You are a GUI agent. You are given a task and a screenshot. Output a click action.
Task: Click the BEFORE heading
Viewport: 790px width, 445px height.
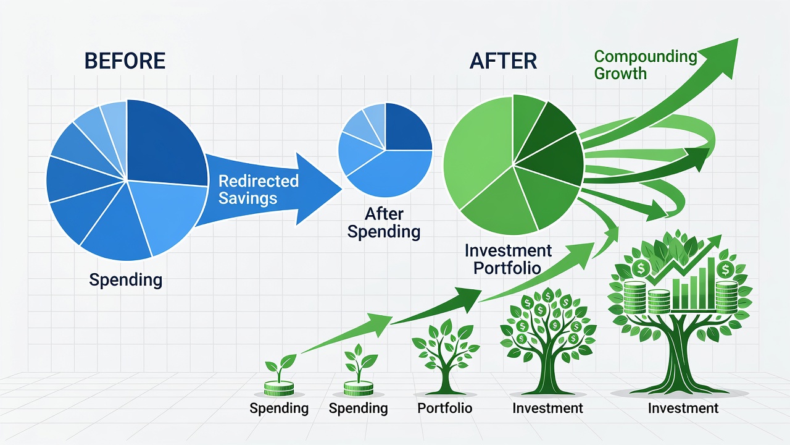[125, 61]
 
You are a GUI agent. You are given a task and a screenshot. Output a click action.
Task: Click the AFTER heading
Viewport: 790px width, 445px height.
[503, 61]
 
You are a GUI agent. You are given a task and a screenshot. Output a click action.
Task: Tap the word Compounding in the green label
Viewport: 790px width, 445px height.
[646, 57]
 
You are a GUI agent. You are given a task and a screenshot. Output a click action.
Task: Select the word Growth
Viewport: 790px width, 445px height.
[620, 74]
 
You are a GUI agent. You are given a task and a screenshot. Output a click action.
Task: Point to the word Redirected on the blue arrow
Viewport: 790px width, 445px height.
[259, 181]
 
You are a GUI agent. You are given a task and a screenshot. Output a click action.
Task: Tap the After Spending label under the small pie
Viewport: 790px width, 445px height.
[384, 223]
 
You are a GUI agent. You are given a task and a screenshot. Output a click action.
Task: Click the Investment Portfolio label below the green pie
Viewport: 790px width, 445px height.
[508, 259]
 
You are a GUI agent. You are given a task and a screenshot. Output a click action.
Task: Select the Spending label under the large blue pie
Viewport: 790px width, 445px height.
[125, 280]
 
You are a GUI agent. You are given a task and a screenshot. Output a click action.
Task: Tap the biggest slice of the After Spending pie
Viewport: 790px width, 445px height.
[395, 173]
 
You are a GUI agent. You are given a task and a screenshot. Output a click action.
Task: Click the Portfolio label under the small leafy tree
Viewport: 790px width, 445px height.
[445, 408]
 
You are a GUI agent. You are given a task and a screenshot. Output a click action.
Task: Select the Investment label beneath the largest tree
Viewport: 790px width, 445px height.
[683, 408]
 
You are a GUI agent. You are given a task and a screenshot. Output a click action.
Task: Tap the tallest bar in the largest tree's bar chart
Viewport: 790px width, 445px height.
[711, 282]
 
